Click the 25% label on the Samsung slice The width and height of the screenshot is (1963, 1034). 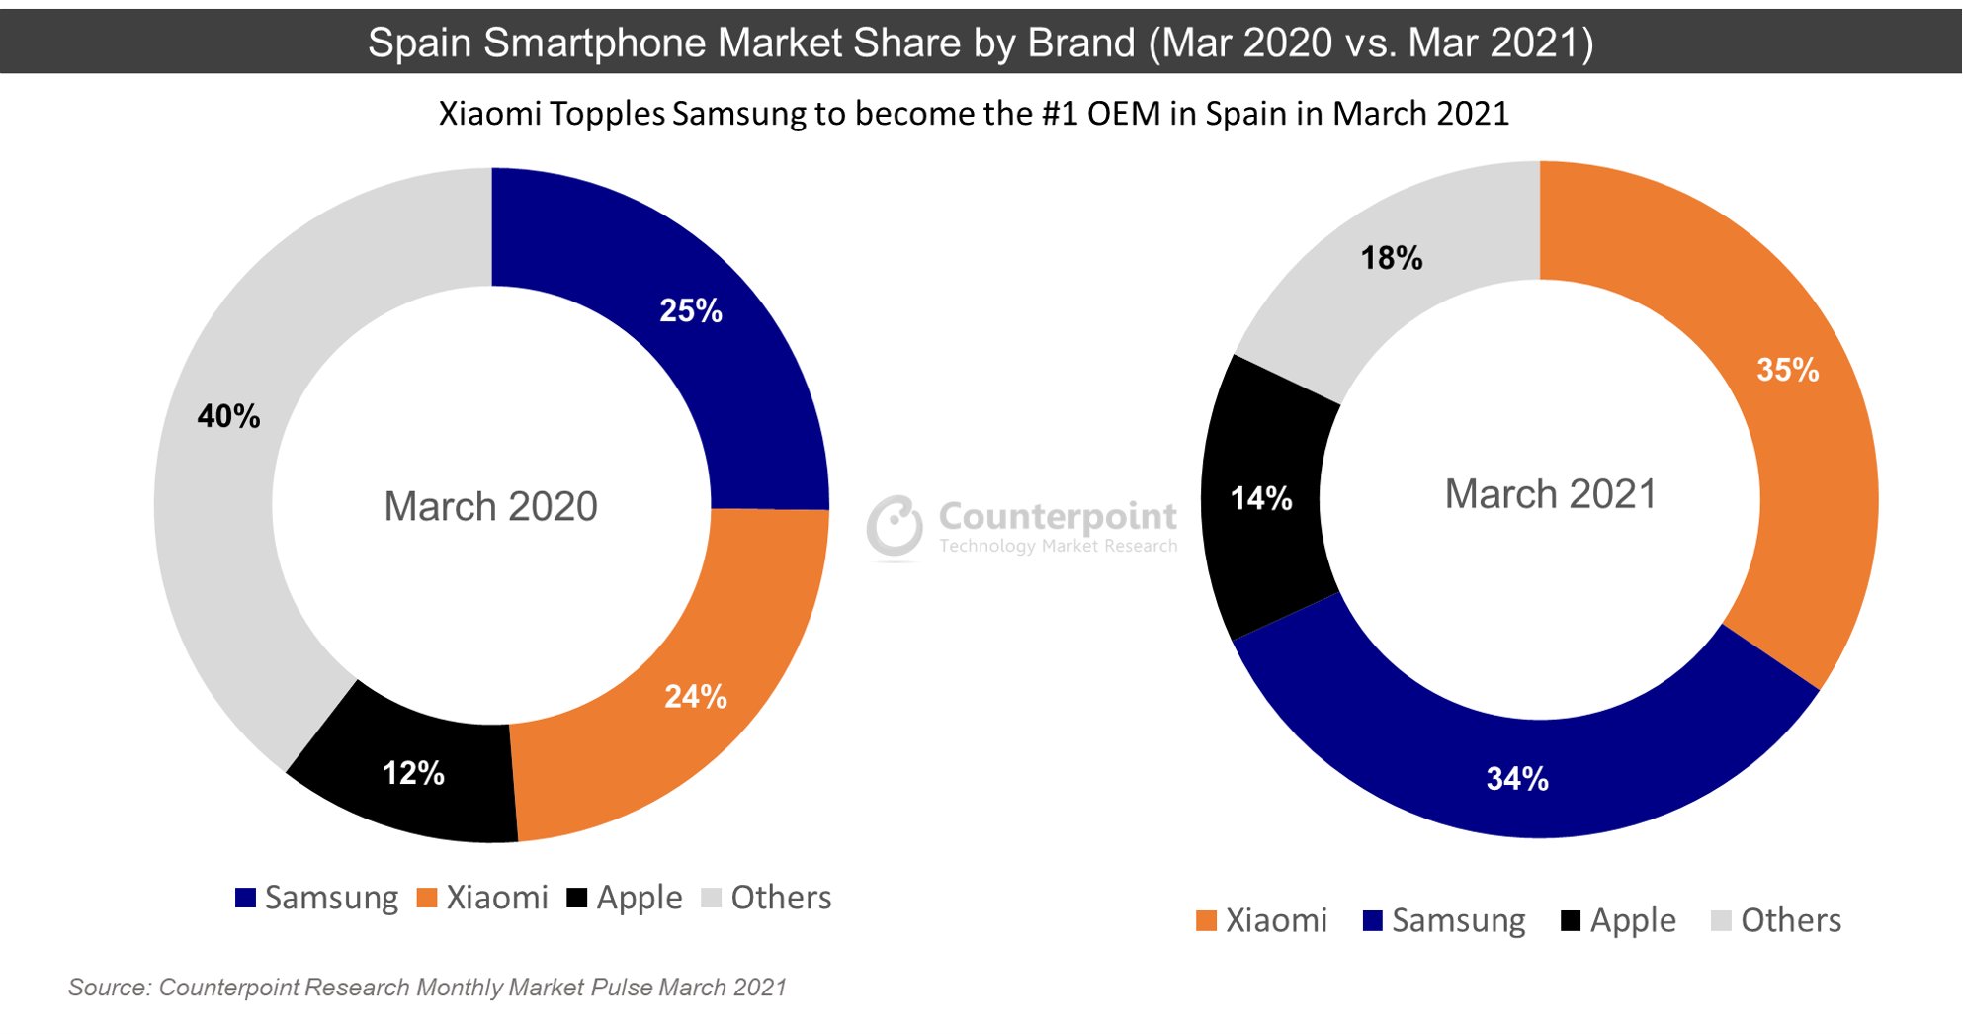691,310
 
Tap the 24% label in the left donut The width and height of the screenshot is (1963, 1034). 696,697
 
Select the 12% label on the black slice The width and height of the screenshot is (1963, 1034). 413,773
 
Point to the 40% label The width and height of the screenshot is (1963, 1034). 228,416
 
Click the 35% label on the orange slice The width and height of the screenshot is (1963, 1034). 1787,370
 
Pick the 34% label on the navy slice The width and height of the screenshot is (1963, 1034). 1517,779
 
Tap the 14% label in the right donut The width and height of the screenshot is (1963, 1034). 1261,498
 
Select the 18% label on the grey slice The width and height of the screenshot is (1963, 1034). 1392,258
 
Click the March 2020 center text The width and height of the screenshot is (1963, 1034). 490,507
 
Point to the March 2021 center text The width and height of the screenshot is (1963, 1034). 1550,494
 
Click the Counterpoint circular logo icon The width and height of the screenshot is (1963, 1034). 895,525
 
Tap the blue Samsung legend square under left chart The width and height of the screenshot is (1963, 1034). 245,898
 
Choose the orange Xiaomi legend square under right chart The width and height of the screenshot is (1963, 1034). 1206,921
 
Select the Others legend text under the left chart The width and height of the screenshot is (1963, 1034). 781,898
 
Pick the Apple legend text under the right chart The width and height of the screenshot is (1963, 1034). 1633,921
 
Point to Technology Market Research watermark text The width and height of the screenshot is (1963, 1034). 1058,546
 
